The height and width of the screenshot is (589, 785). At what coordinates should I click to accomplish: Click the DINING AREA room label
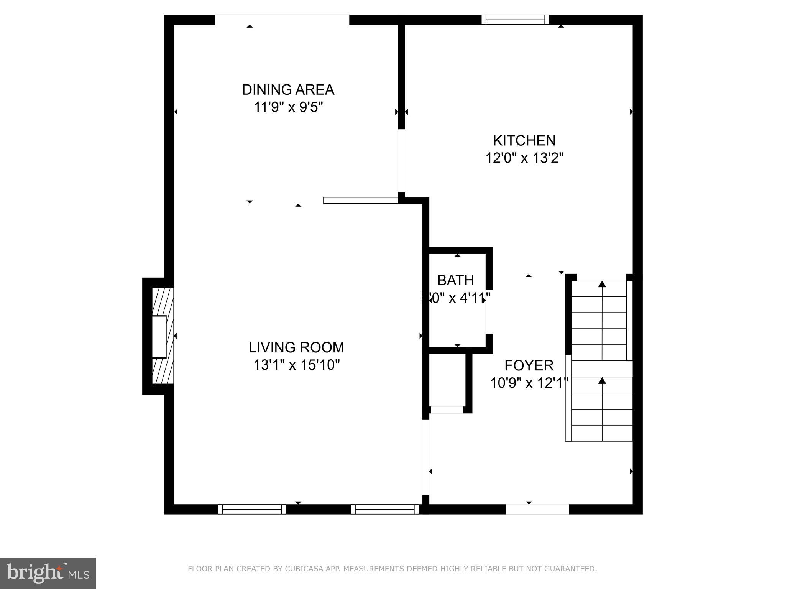click(288, 90)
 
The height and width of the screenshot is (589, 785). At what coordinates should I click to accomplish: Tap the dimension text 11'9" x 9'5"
click(288, 107)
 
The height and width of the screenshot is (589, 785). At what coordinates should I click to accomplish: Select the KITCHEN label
click(524, 141)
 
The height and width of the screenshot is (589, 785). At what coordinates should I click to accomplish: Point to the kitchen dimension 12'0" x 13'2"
click(524, 158)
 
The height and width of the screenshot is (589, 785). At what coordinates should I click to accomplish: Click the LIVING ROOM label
click(296, 347)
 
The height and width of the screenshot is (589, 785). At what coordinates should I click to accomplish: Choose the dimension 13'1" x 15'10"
click(296, 365)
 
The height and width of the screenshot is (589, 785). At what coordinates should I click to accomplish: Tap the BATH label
click(455, 280)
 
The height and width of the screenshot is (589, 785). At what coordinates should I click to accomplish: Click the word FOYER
click(529, 365)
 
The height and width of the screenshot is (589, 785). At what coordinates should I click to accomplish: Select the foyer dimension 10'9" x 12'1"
click(529, 383)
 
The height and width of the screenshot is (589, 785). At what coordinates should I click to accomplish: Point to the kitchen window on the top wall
click(515, 20)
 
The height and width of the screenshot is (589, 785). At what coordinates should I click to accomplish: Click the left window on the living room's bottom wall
click(252, 509)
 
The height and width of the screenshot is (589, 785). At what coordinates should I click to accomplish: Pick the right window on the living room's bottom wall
click(385, 509)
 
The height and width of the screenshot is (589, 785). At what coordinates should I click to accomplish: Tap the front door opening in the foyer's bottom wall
click(537, 509)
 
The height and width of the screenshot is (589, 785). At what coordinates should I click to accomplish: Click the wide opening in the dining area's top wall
click(282, 20)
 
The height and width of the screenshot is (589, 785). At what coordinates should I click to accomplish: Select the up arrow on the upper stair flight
click(602, 285)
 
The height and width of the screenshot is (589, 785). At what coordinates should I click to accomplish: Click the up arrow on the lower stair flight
click(602, 381)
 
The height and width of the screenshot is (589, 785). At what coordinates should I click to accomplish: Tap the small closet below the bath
click(447, 380)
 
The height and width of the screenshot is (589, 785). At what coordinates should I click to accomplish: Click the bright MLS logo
click(48, 573)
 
